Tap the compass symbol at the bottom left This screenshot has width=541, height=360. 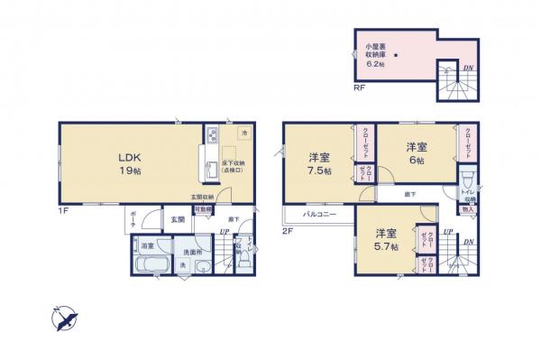[62, 318]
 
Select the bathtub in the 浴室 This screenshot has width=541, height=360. [147, 265]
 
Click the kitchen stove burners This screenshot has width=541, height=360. [210, 137]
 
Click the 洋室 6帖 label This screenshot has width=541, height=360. [416, 152]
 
